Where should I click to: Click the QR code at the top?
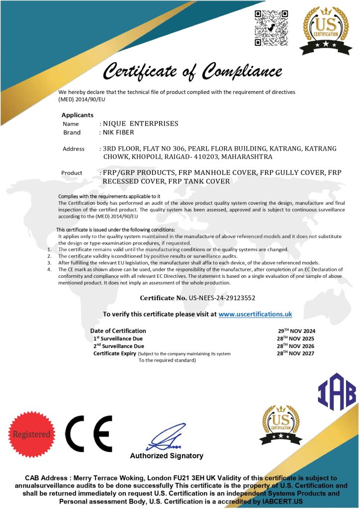click(271, 28)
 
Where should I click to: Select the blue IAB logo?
click(337, 392)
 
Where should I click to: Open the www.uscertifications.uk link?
click(255, 314)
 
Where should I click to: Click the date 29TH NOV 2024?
click(296, 331)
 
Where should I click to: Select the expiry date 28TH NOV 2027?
click(296, 353)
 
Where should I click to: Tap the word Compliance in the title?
click(243, 72)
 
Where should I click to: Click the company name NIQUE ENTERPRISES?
click(140, 123)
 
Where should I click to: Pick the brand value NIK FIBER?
click(120, 133)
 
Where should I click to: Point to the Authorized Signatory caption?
click(167, 456)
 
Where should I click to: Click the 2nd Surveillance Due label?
click(119, 346)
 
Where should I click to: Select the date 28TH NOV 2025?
click(296, 339)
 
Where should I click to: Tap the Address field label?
click(74, 149)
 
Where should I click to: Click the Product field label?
click(72, 173)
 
